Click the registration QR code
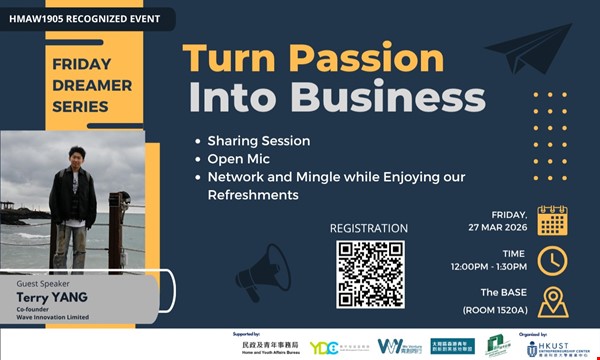tap(370, 273)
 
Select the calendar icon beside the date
tap(552, 219)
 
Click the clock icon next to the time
tap(552, 260)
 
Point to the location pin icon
tap(552, 301)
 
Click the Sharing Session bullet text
tap(258, 140)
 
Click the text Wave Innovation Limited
tap(53, 318)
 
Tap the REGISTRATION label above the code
tap(369, 228)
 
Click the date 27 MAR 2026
tap(496, 227)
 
